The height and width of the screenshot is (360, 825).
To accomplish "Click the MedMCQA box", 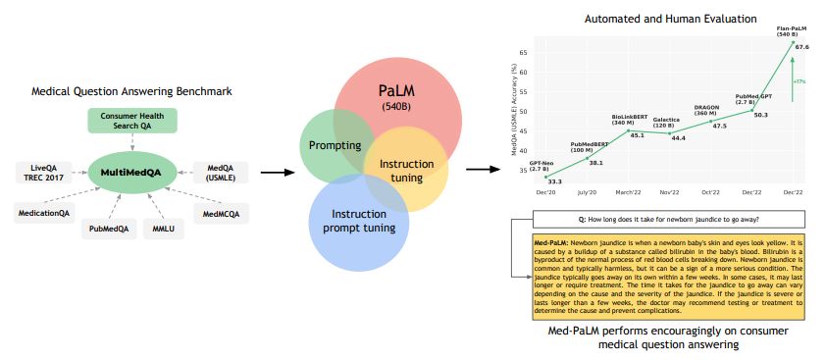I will [220, 212].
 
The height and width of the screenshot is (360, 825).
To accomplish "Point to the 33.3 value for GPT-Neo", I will [555, 181].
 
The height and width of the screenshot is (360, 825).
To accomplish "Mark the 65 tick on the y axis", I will [523, 52].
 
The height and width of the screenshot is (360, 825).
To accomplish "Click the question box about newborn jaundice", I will [668, 218].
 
